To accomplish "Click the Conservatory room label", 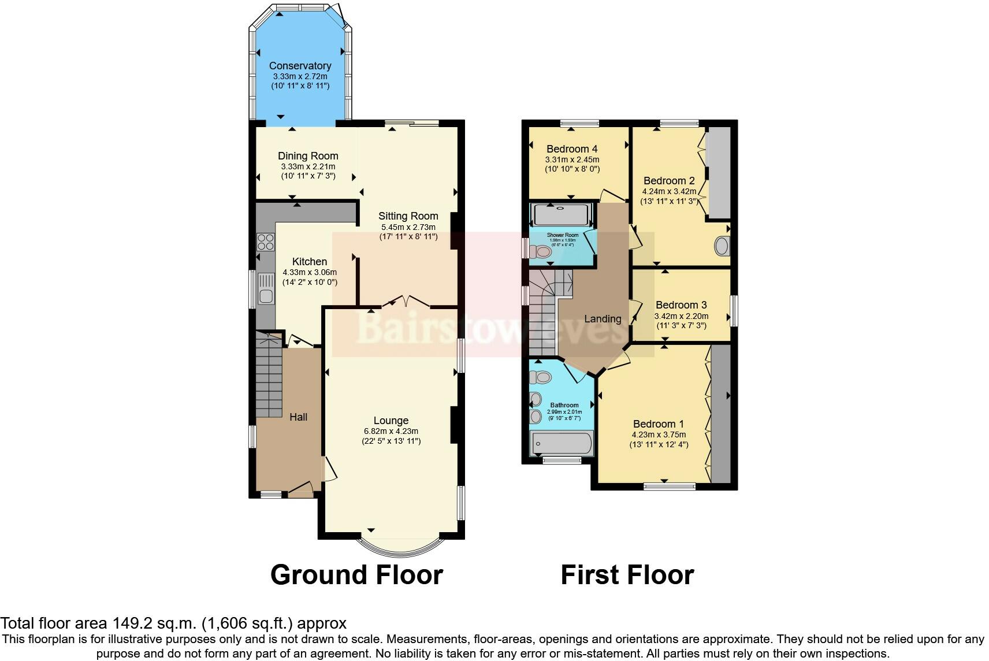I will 300,66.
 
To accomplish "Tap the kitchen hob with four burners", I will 265,242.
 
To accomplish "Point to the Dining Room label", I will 308,156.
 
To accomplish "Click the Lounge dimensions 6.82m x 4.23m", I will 391,431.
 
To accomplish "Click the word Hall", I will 298,417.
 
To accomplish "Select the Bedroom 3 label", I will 681,305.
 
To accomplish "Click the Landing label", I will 603,319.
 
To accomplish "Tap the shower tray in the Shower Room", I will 561,215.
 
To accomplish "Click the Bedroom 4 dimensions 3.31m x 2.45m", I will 572,160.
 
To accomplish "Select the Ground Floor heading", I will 356,575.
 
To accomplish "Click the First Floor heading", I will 627,575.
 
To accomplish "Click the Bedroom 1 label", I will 659,424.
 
